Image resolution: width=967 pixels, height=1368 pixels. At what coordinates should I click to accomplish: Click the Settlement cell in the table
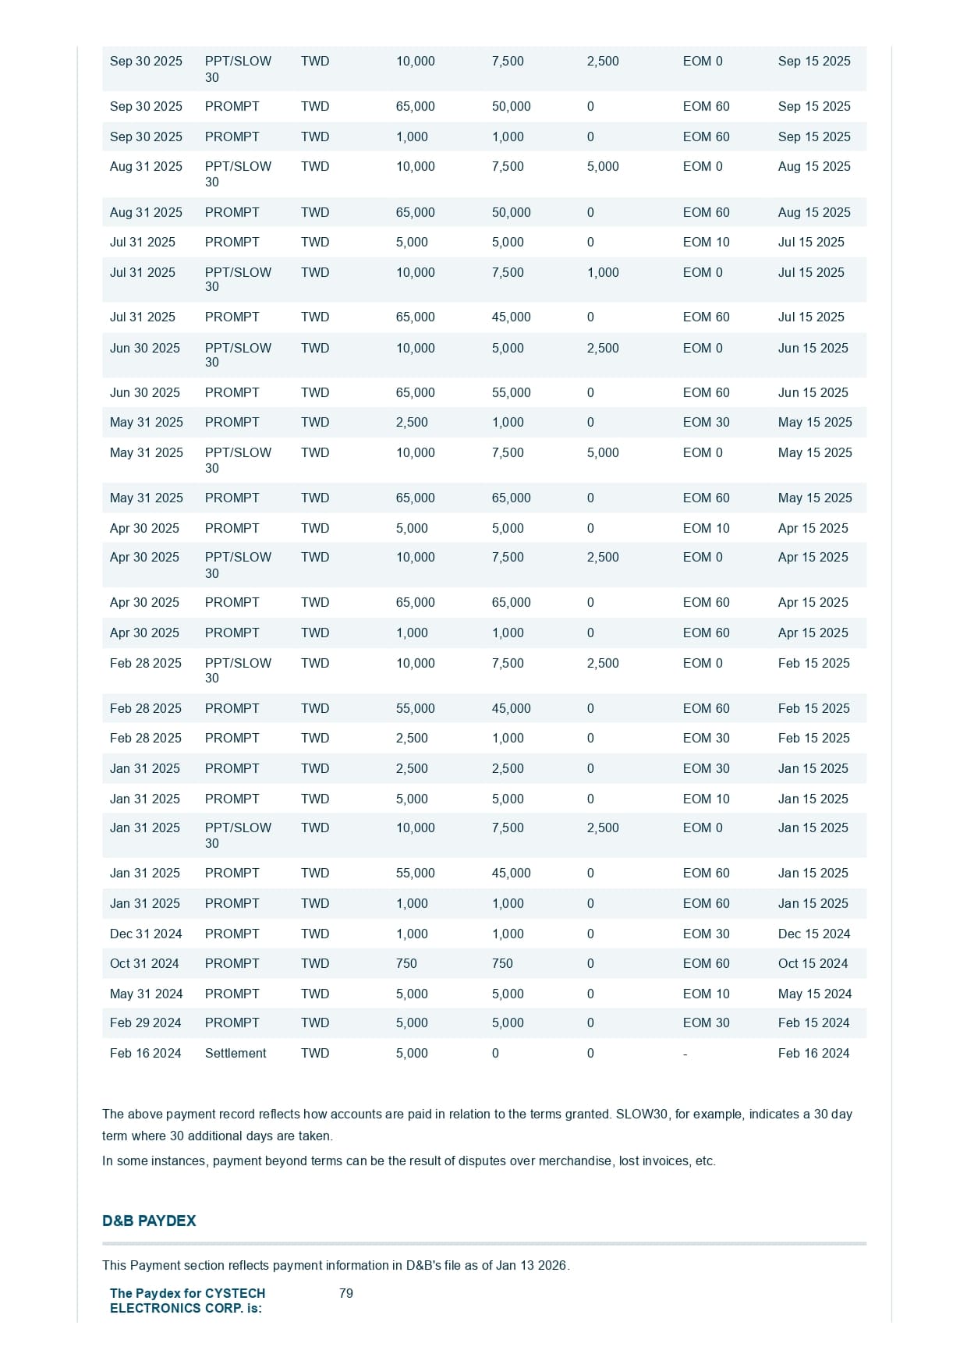coord(235,1053)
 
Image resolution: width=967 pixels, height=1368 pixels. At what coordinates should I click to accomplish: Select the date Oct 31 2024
coord(144,963)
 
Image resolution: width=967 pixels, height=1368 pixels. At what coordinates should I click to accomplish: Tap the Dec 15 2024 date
coord(813,934)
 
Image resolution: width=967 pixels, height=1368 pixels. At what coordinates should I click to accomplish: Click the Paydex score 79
coord(346,1293)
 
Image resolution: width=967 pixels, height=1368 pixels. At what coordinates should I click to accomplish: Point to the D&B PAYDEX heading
coord(149,1221)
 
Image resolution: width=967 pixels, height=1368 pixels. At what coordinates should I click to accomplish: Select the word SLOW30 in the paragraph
coord(642,1114)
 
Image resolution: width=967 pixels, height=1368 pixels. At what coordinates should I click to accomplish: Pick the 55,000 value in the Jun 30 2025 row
coord(511,392)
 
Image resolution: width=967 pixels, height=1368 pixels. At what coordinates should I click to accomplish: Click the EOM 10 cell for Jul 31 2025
coord(706,242)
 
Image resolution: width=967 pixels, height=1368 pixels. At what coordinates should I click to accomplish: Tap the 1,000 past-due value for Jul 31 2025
coord(603,272)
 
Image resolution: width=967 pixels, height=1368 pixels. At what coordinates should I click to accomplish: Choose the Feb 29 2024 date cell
coord(145,1022)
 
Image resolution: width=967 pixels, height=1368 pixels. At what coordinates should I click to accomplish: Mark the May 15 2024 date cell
coord(814,994)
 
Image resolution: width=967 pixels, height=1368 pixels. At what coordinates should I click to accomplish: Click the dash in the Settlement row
coord(685,1054)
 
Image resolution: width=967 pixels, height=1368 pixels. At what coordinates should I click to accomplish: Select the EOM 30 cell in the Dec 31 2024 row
coord(706,934)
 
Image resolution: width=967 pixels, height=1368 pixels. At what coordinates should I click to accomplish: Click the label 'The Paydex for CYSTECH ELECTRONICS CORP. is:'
coord(187,1300)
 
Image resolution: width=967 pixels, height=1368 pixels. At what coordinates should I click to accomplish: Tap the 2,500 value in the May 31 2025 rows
coord(412,422)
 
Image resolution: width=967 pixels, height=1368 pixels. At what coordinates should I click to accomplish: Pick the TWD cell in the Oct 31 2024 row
coord(315,963)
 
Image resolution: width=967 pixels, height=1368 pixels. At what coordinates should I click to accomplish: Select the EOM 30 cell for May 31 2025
coord(706,422)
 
